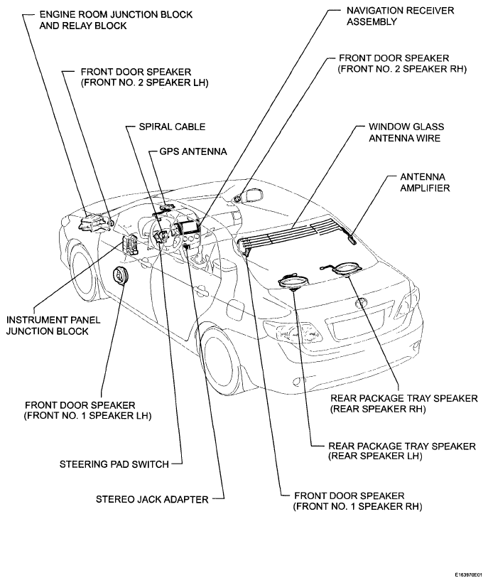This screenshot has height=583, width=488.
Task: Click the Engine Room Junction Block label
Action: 116,20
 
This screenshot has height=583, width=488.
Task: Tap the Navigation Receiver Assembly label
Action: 401,16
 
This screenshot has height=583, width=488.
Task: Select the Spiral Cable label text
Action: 172,127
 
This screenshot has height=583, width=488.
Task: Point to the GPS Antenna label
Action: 193,151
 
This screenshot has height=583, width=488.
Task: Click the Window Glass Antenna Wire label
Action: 406,132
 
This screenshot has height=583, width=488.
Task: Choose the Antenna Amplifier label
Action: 425,182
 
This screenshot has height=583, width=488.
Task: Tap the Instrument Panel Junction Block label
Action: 53,326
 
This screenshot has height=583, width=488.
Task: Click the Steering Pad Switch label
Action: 114,464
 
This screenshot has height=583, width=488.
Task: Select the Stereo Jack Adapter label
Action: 152,499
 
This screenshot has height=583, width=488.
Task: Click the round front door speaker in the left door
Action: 120,277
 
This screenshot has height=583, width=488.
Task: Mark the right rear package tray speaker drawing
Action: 348,269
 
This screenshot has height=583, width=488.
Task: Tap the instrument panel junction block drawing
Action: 129,245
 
